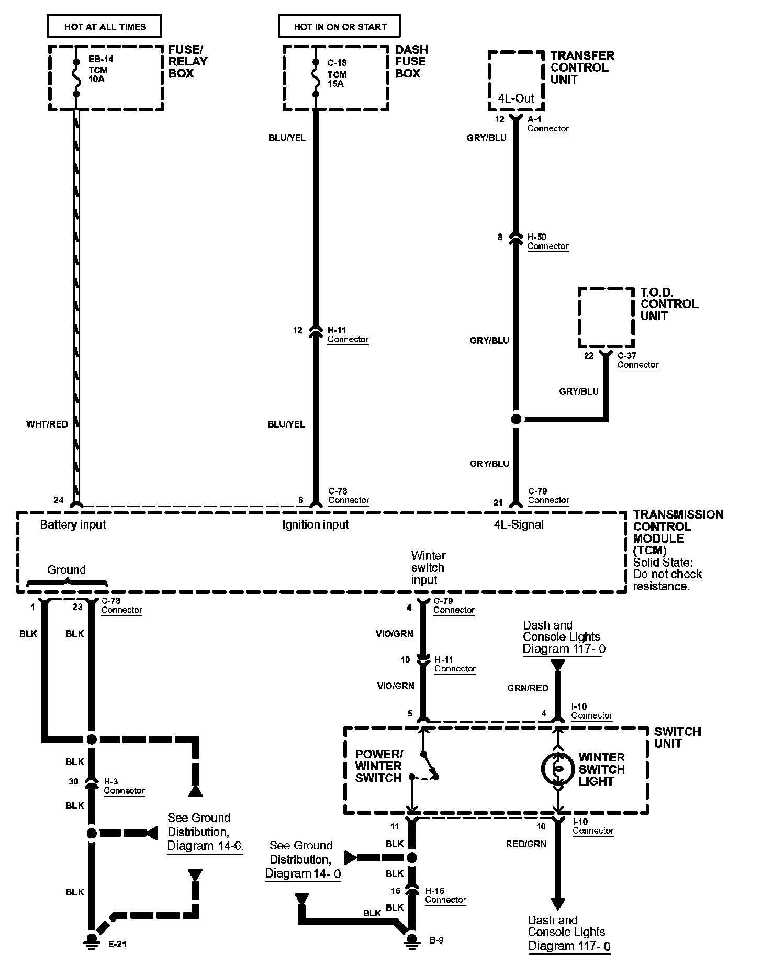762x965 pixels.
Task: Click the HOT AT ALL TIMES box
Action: pyautogui.click(x=104, y=26)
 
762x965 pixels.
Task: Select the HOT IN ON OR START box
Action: pyautogui.click(x=340, y=26)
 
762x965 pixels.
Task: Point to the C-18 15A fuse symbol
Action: pyautogui.click(x=315, y=78)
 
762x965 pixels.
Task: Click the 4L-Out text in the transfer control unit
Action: pyautogui.click(x=516, y=98)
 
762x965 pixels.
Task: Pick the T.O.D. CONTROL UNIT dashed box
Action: pyautogui.click(x=606, y=317)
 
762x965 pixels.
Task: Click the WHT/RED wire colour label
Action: pyautogui.click(x=47, y=424)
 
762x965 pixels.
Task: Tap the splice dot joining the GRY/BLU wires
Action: pyautogui.click(x=516, y=419)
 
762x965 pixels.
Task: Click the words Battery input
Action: pyautogui.click(x=73, y=524)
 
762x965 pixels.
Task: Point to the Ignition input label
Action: pyautogui.click(x=315, y=524)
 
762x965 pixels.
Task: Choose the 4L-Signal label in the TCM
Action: pyautogui.click(x=519, y=524)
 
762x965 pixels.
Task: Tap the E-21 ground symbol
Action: pyautogui.click(x=92, y=940)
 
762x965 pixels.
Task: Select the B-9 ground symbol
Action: pyautogui.click(x=412, y=940)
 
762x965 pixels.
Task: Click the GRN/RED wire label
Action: pyautogui.click(x=528, y=688)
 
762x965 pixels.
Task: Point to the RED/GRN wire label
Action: pyautogui.click(x=526, y=844)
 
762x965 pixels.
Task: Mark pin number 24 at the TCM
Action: pyautogui.click(x=59, y=500)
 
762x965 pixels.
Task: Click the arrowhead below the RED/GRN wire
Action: pyautogui.click(x=558, y=904)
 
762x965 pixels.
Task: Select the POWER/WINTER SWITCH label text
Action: pyautogui.click(x=379, y=766)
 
